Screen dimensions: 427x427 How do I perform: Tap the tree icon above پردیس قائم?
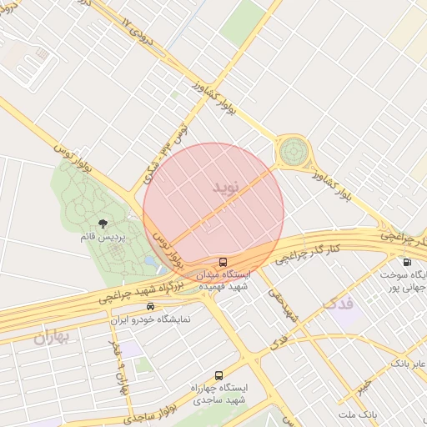tap(103, 223)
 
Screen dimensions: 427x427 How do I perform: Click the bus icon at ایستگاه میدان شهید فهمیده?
tap(222, 262)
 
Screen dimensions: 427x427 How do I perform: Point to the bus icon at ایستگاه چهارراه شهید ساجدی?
tap(219, 376)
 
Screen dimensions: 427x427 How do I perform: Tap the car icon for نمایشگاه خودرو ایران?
tap(151, 306)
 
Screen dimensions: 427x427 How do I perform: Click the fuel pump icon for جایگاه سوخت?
tap(406, 262)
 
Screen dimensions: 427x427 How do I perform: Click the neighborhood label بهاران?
tap(55, 338)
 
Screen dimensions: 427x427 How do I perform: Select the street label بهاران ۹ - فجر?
tap(118, 359)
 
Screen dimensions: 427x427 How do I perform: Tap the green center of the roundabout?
tap(293, 152)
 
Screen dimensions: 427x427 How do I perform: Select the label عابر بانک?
tap(409, 364)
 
